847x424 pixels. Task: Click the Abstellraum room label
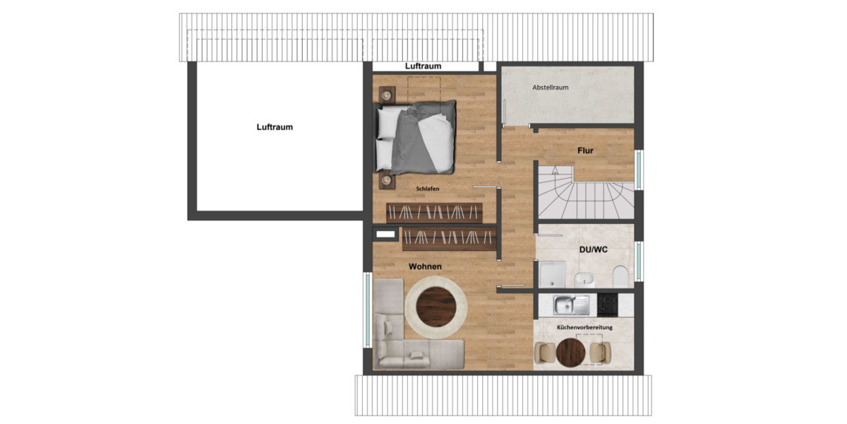[x=551, y=88]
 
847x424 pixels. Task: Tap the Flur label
[x=585, y=151]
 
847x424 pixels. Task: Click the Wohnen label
[x=425, y=266]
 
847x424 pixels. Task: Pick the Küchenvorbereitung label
[x=584, y=328]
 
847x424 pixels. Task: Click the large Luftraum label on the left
[x=275, y=127]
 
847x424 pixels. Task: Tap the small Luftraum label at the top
[x=423, y=66]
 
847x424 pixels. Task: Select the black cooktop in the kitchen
[x=608, y=305]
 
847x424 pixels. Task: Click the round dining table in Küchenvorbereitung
[x=570, y=351]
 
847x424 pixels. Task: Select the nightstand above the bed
[x=387, y=94]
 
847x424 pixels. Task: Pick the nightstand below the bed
[x=386, y=181]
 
